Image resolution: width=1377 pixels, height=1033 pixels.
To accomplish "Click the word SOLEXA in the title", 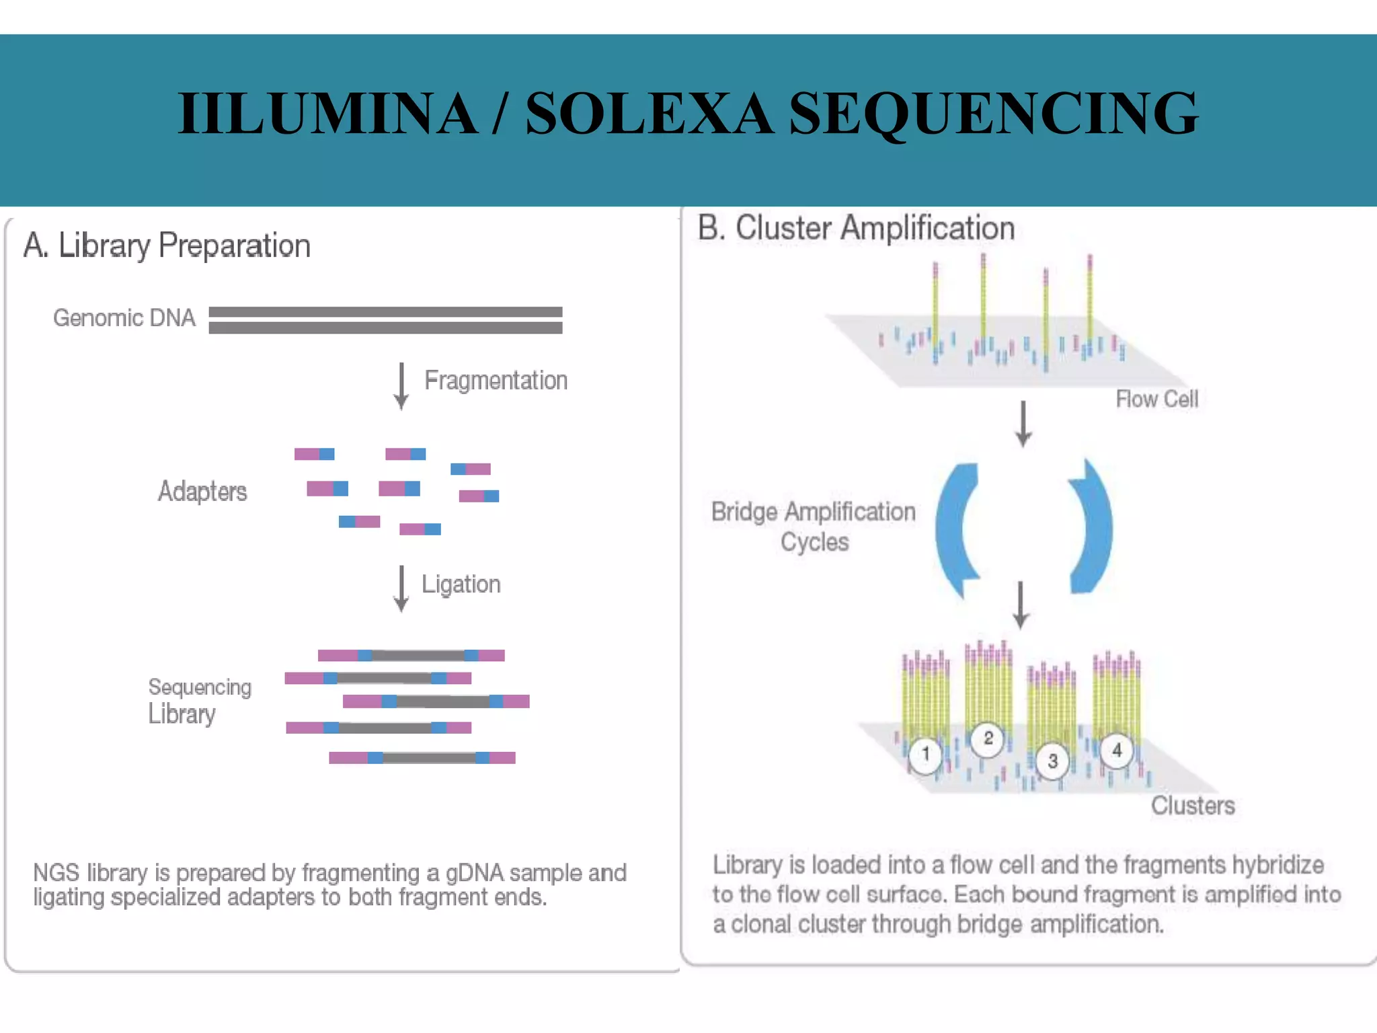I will (x=649, y=113).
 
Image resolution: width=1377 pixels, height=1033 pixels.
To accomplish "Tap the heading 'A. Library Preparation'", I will (x=167, y=245).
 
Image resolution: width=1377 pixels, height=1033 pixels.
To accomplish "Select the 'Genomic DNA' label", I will (x=124, y=317).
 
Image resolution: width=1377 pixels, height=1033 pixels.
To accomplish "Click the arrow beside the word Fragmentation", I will (x=401, y=386).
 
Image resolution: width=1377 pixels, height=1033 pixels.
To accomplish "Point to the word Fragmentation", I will (x=496, y=381).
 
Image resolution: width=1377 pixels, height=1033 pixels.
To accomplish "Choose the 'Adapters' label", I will (x=202, y=492).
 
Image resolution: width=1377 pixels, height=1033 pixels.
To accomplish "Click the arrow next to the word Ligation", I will (x=401, y=588).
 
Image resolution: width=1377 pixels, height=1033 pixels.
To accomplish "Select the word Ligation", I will (x=461, y=584).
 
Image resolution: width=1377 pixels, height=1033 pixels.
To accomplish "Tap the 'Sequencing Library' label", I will (x=199, y=701).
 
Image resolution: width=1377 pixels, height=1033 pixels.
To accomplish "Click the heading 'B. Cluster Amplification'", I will (x=856, y=228).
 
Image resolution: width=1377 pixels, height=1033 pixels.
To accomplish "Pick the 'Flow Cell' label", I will (x=1156, y=399).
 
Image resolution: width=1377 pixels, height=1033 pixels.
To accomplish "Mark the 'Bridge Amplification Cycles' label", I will (x=814, y=527).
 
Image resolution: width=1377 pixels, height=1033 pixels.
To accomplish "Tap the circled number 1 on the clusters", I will (x=926, y=754).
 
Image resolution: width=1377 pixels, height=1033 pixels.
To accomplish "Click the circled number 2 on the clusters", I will (x=988, y=738).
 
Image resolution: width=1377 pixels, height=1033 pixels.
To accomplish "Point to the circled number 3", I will (x=1052, y=761).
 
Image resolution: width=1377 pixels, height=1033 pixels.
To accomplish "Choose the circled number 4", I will (x=1117, y=750).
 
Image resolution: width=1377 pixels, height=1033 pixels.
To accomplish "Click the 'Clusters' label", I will (x=1193, y=806).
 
